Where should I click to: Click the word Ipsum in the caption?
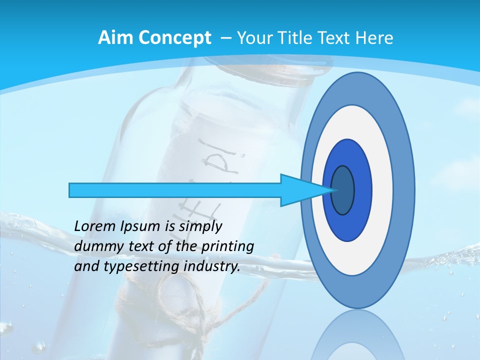pos(140,227)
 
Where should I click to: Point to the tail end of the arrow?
pos(73,190)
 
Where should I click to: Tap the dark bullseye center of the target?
pos(343,190)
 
